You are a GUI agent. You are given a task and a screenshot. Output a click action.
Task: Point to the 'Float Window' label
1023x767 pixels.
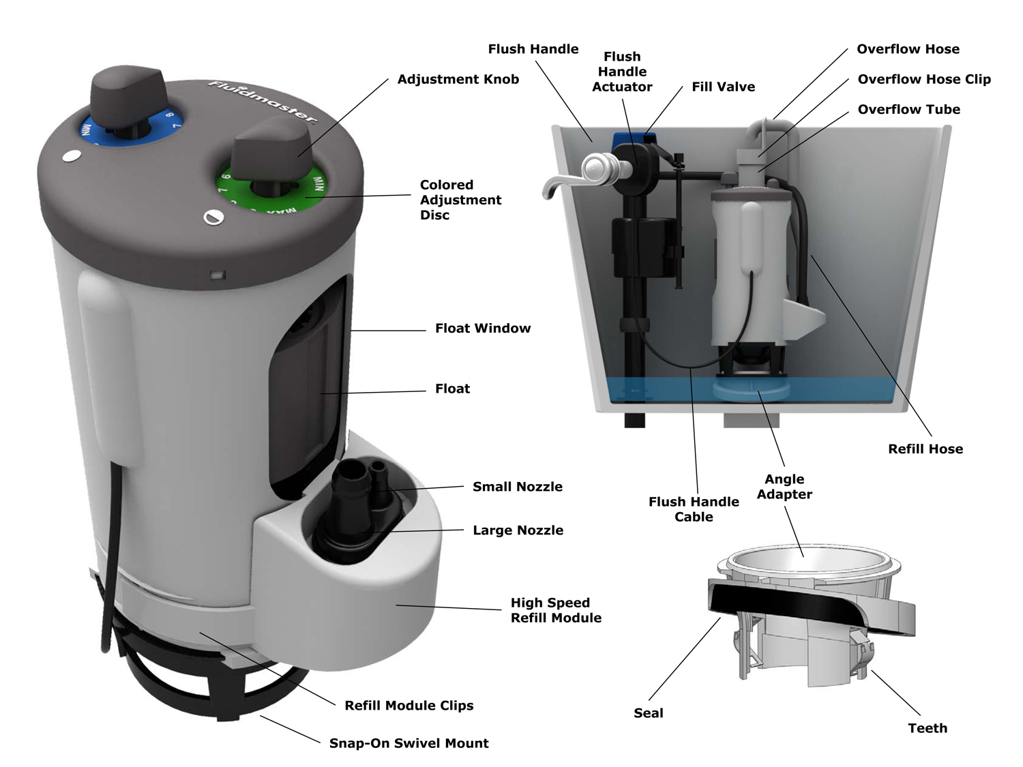tap(483, 329)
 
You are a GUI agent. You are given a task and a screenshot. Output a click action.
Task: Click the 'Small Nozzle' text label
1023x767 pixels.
tap(518, 487)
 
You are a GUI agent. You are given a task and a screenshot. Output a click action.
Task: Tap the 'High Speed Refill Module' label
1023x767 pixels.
tap(556, 610)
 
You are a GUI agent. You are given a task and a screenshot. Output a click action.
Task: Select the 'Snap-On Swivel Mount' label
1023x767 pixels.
tap(409, 743)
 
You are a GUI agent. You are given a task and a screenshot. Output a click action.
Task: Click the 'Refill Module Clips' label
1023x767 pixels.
tap(409, 706)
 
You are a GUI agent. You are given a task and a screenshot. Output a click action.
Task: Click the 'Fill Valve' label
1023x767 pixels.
tap(723, 87)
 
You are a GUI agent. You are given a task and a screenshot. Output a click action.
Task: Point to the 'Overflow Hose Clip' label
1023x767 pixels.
tap(923, 79)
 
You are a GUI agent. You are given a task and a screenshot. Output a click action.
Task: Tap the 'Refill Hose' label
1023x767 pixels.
tap(925, 449)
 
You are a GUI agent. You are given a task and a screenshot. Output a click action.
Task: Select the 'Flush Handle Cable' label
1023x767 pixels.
tap(694, 509)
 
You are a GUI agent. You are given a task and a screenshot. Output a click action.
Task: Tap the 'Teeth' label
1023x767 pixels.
tap(928, 728)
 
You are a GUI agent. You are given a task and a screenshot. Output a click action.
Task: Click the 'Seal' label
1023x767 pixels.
tap(648, 713)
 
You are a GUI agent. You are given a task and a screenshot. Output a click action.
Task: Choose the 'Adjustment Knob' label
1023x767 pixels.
tap(458, 79)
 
